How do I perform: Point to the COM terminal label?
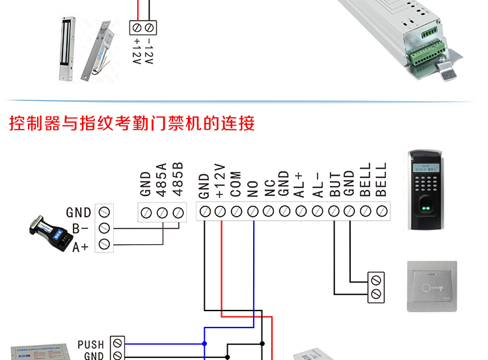tap(236, 184)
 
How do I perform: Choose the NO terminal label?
tap(253, 188)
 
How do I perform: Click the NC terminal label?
tap(269, 188)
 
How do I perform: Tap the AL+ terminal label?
tap(301, 184)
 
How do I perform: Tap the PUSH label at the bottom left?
tap(91, 344)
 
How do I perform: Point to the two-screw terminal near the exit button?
tap(375, 287)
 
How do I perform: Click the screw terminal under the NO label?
tap(253, 211)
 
